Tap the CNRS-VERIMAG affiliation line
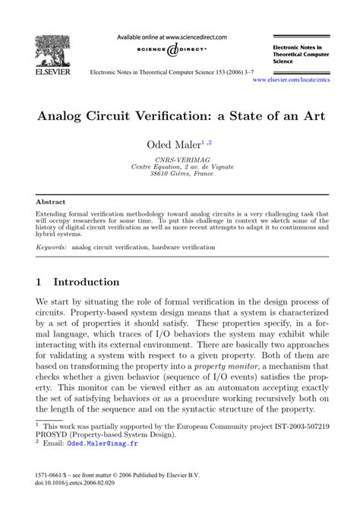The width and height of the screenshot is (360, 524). tap(179, 159)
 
